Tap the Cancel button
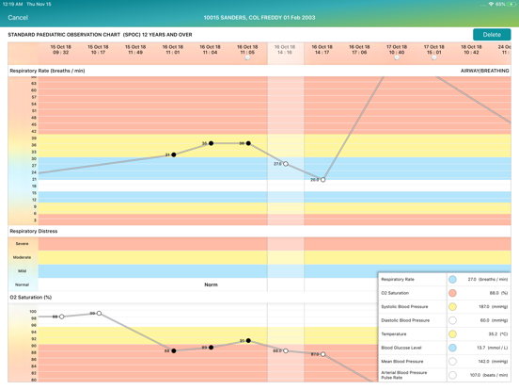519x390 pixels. coord(17,17)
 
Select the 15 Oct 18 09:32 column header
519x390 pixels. coord(60,50)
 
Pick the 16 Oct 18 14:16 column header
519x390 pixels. coord(285,50)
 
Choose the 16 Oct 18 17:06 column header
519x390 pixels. coord(359,50)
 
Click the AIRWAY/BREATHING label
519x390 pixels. coord(484,71)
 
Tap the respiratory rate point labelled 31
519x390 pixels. coord(174,154)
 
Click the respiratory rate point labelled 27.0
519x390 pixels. coord(286,164)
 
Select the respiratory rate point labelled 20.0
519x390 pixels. coord(322,179)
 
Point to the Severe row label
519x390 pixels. coord(22,244)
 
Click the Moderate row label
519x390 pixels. coord(22,257)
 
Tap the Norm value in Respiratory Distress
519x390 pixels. coord(211,284)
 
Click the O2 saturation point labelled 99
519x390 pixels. coord(99,314)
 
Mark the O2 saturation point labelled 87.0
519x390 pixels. coord(322,354)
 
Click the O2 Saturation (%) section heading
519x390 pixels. coord(31,298)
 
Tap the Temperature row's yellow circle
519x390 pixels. coord(452,333)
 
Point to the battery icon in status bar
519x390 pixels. coord(511,4)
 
